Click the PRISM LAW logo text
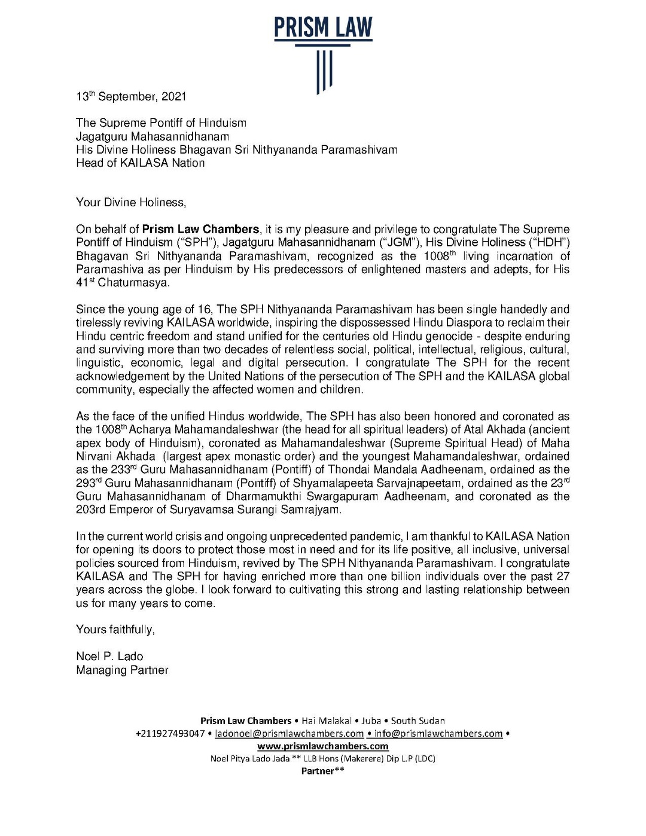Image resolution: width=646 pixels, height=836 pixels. click(x=323, y=27)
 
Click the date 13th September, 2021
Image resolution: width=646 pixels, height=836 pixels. click(x=131, y=96)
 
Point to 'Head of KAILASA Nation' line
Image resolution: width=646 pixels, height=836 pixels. click(x=140, y=163)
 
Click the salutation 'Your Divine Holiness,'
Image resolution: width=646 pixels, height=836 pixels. click(x=131, y=202)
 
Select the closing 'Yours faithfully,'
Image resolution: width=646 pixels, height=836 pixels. click(x=115, y=629)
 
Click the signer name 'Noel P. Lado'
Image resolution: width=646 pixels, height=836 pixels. click(x=109, y=656)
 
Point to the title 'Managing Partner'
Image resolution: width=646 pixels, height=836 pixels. click(x=122, y=670)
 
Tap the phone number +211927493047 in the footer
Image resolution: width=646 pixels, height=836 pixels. click(x=170, y=734)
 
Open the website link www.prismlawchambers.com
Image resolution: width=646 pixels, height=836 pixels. click(x=323, y=746)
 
